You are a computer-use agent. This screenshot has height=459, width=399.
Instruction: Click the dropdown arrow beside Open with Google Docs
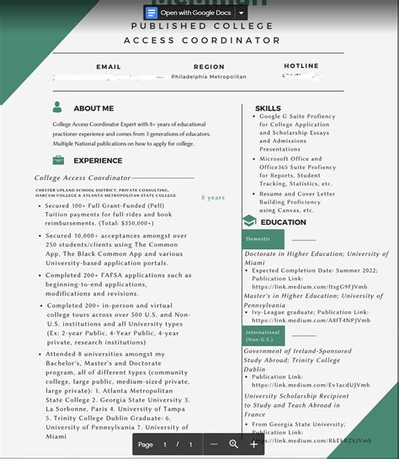click(242, 13)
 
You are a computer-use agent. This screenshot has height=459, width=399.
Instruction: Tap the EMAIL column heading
click(109, 66)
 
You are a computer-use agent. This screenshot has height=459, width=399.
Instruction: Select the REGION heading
click(209, 66)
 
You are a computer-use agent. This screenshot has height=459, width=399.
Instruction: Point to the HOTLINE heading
click(301, 66)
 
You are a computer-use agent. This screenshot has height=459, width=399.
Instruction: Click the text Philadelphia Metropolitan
click(209, 77)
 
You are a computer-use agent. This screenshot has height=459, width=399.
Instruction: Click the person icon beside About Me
click(57, 108)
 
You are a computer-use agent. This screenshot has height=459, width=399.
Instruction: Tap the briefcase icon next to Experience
click(57, 160)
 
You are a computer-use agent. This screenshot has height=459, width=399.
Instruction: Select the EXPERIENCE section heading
click(98, 160)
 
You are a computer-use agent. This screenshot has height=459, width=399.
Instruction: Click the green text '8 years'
click(213, 198)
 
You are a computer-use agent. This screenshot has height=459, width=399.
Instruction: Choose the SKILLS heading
click(269, 109)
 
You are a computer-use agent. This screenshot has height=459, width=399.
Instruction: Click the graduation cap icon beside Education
click(249, 221)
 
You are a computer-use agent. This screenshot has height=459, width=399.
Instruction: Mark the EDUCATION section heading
click(284, 222)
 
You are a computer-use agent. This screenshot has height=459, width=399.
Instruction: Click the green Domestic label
click(258, 239)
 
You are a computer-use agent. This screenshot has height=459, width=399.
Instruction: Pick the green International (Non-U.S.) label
click(263, 334)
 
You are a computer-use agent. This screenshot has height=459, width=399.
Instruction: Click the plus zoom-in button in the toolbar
click(253, 444)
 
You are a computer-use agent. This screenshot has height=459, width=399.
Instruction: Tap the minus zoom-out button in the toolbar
click(215, 444)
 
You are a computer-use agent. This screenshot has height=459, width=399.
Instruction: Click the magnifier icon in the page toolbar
click(234, 444)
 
